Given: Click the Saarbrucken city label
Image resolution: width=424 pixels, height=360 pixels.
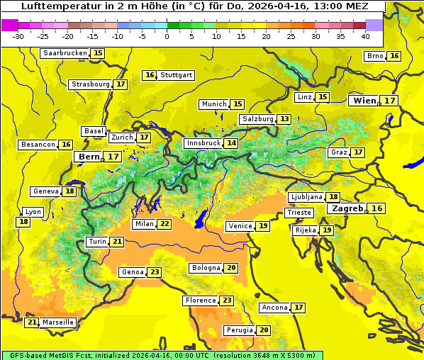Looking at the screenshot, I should (65, 53).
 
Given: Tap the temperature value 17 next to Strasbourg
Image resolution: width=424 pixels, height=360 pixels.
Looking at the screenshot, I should (121, 84).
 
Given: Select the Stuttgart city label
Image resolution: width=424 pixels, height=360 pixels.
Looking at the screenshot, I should (177, 75).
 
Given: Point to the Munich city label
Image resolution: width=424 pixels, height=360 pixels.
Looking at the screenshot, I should (214, 104).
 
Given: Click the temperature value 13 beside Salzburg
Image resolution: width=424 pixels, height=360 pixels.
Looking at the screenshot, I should (284, 119).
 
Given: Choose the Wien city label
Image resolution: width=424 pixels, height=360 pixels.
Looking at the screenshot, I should (365, 101).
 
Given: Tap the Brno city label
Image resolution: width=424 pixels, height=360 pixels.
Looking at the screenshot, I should (374, 56).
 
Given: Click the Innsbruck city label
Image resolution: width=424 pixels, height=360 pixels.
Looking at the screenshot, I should (203, 143).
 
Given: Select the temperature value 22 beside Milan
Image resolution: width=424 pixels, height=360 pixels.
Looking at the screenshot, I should (164, 224).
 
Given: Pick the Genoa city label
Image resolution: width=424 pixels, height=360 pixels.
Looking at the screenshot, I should (132, 272).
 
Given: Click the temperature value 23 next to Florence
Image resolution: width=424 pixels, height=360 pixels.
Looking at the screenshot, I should (227, 300).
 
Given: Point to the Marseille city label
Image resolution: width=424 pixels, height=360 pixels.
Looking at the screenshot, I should (58, 322).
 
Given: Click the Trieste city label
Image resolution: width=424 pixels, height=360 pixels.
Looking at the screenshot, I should (298, 213).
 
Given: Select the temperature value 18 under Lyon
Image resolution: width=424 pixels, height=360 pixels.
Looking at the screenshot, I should (23, 222).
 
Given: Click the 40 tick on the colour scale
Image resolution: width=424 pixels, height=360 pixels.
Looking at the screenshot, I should (365, 36).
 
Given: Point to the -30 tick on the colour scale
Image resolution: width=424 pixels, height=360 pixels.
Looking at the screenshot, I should (18, 36).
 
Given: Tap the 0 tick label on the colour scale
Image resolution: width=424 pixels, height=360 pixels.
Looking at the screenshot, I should (167, 36).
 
